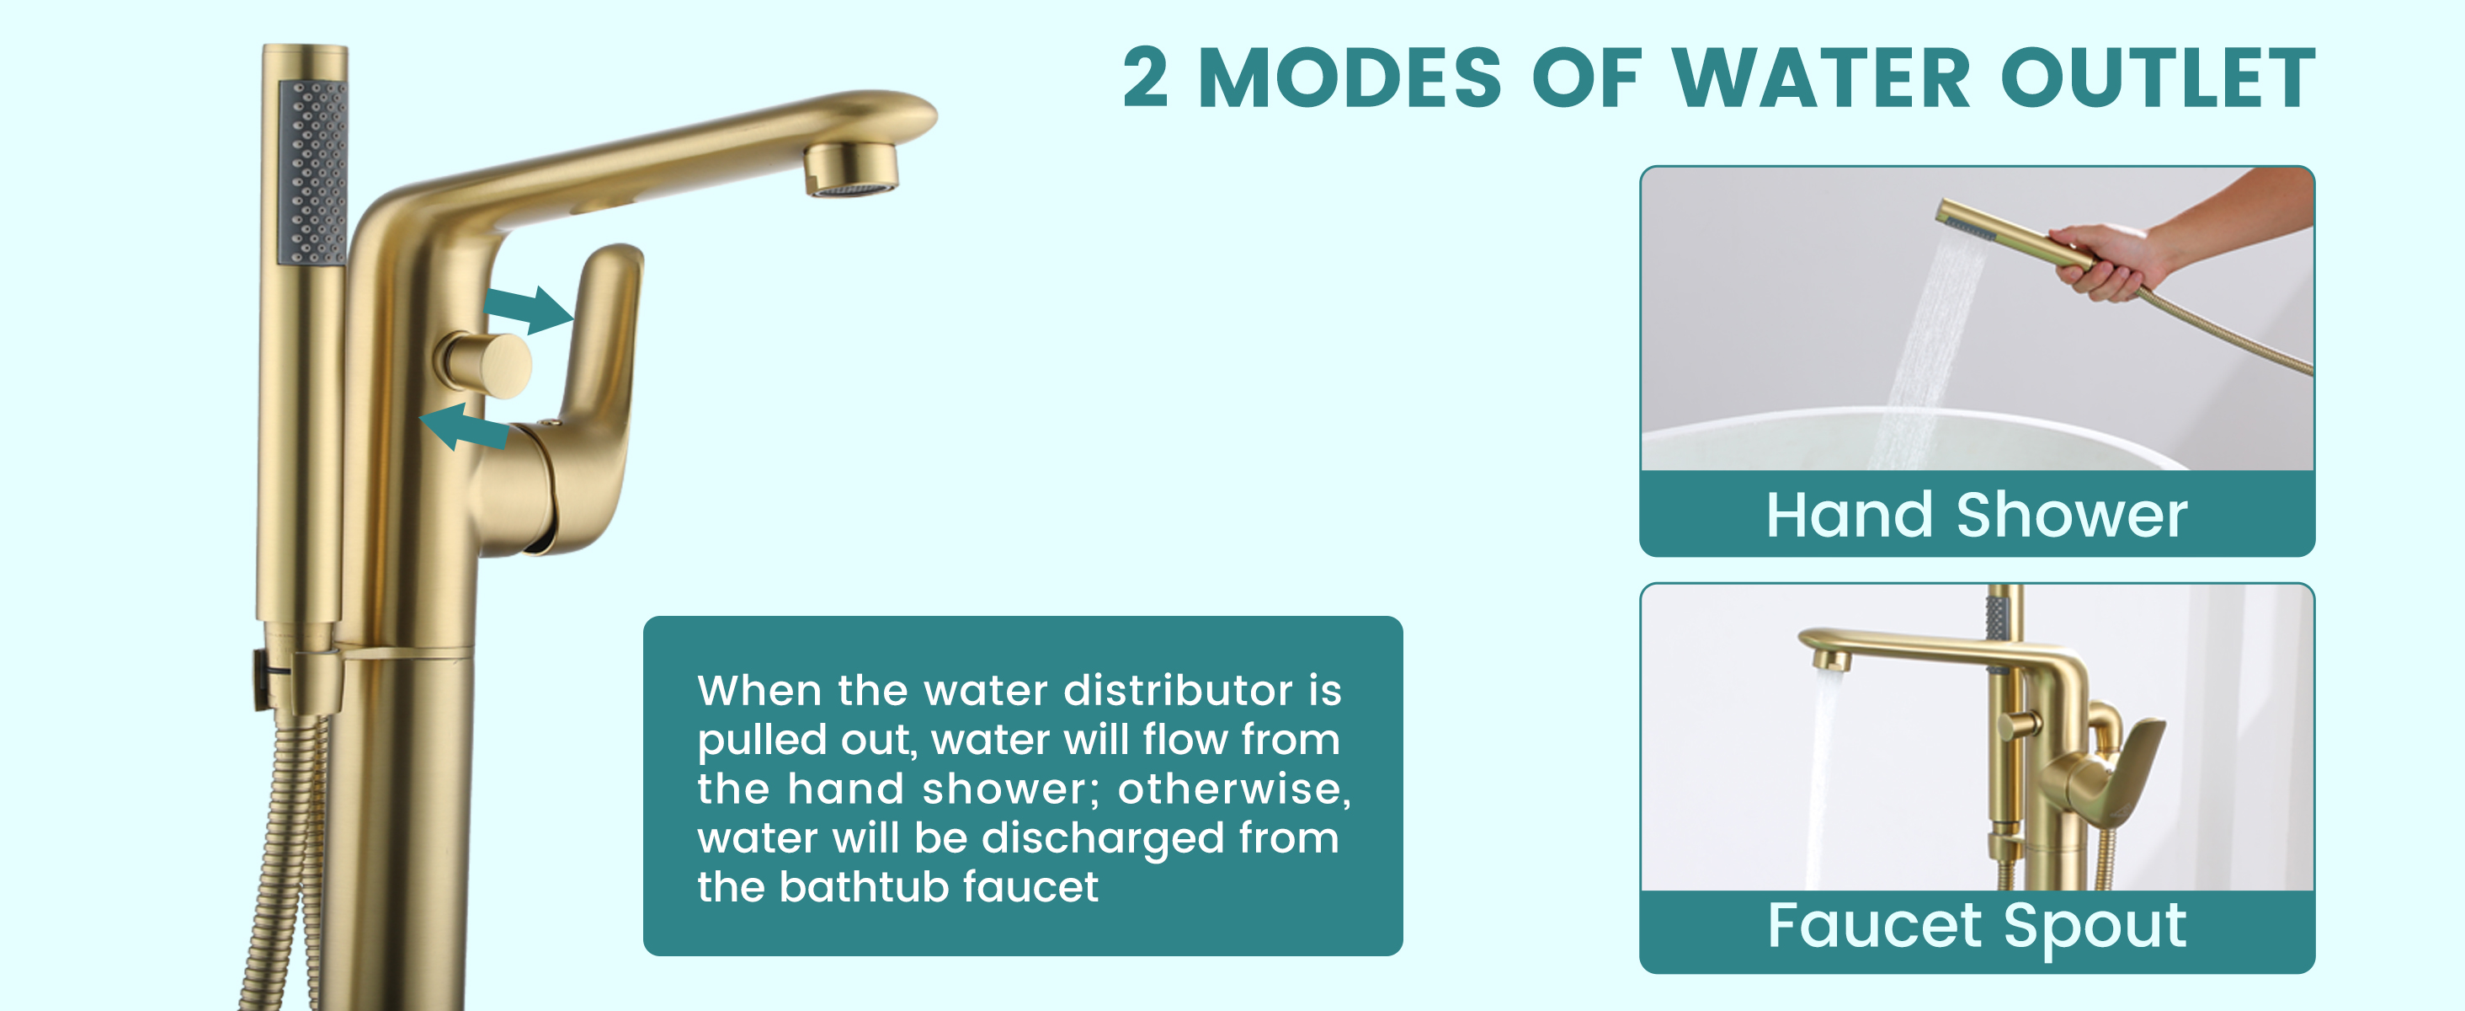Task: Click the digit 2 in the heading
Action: (x=1146, y=78)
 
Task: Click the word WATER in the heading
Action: (x=1821, y=78)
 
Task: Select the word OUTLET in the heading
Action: (x=2158, y=78)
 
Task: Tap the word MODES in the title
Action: (x=1350, y=78)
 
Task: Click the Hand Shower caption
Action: (x=1977, y=515)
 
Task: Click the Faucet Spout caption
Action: (x=1977, y=926)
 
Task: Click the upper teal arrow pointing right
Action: (x=528, y=308)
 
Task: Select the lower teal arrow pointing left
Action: (x=464, y=427)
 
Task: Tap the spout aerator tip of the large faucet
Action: (x=850, y=169)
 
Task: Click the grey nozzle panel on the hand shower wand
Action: (x=313, y=173)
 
